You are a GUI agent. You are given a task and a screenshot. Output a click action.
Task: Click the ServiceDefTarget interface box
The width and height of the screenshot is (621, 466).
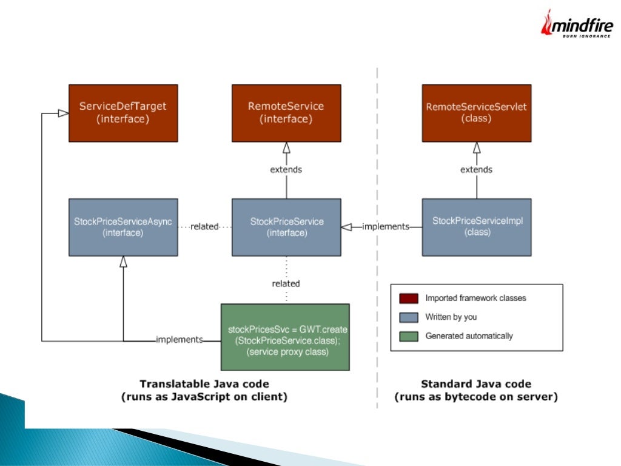pyautogui.click(x=123, y=113)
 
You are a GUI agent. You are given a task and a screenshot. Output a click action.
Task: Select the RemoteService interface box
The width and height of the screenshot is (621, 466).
pyautogui.click(x=286, y=113)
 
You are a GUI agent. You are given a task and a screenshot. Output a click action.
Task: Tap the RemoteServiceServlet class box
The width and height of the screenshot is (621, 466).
pyautogui.click(x=477, y=113)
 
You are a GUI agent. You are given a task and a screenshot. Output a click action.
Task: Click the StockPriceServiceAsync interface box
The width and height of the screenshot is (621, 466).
pyautogui.click(x=123, y=226)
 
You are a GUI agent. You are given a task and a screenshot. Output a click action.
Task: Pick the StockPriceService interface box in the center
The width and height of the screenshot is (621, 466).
pyautogui.click(x=286, y=226)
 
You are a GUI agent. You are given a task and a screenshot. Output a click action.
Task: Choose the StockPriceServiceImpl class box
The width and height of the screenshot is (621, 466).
pyautogui.click(x=477, y=226)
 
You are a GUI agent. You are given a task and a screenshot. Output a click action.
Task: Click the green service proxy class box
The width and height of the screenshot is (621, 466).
pyautogui.click(x=285, y=337)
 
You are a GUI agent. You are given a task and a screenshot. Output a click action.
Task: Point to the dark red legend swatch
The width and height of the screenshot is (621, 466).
pyautogui.click(x=409, y=298)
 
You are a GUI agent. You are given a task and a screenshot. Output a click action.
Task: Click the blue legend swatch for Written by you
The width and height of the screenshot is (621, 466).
pyautogui.click(x=409, y=317)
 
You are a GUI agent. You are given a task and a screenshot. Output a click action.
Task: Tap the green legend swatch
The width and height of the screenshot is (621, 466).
pyautogui.click(x=409, y=336)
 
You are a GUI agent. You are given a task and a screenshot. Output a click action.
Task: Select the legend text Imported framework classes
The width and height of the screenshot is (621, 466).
pyautogui.click(x=475, y=298)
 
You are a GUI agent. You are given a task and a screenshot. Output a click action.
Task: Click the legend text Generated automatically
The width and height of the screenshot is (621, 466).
pyautogui.click(x=469, y=336)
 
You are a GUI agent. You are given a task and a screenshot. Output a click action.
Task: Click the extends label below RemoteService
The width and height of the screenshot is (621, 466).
pyautogui.click(x=286, y=169)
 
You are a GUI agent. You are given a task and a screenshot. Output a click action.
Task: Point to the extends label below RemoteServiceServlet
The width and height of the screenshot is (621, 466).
pyautogui.click(x=477, y=169)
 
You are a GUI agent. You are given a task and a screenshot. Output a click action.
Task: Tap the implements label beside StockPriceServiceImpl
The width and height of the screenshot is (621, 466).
pyautogui.click(x=386, y=226)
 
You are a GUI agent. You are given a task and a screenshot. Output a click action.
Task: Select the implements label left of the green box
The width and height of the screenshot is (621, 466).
pyautogui.click(x=179, y=340)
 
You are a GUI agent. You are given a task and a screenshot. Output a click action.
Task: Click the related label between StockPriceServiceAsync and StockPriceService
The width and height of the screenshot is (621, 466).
pyautogui.click(x=204, y=226)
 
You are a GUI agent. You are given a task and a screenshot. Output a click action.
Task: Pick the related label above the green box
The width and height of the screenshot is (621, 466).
pyautogui.click(x=286, y=283)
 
